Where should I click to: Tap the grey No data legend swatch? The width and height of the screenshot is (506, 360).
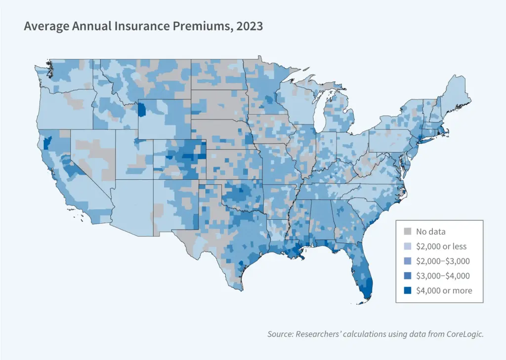click(x=408, y=231)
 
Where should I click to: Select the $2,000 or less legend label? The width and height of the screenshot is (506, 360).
click(x=441, y=246)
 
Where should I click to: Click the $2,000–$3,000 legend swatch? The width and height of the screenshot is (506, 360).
click(x=408, y=261)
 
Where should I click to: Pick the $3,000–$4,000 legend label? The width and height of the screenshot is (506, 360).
click(x=443, y=276)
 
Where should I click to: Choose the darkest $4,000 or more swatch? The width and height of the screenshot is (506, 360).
click(x=408, y=290)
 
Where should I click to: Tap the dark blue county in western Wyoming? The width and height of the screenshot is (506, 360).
click(x=142, y=109)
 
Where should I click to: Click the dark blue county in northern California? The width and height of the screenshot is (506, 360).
click(x=47, y=143)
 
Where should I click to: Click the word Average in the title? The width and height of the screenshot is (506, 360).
click(x=45, y=26)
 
